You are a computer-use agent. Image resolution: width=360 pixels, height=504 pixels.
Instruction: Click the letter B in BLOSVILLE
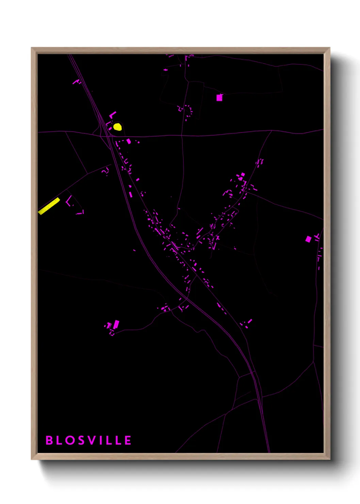point(49,440)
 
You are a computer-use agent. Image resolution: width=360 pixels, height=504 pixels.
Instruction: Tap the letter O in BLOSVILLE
point(70,440)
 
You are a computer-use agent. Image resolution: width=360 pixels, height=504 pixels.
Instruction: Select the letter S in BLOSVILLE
point(81,440)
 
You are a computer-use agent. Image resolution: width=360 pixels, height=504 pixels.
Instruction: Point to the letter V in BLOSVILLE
point(91,440)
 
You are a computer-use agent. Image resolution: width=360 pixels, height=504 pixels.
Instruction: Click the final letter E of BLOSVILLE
point(128,440)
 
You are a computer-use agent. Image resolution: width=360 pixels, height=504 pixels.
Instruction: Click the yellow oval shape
point(117,127)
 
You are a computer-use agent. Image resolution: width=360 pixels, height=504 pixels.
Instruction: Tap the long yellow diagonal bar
point(49,206)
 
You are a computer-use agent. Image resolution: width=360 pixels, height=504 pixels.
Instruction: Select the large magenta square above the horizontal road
point(219,98)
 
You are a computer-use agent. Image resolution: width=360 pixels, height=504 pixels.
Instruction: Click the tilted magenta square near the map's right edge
point(308,239)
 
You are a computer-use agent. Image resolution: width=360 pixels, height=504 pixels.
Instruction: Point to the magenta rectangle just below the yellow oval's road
point(129,141)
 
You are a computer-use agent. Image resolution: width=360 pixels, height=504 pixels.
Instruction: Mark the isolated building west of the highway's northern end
point(76,82)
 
